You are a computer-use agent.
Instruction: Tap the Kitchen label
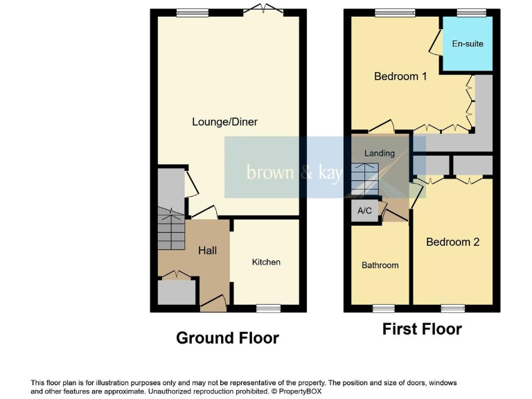[266, 262]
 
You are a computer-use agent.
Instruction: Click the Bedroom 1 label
[400, 76]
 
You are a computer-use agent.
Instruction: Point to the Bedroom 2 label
[452, 242]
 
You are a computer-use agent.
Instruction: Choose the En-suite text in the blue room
[468, 44]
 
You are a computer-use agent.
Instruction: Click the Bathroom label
[380, 265]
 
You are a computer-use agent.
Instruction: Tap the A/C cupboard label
[365, 211]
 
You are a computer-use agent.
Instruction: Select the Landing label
[380, 153]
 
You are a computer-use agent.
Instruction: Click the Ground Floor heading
[227, 338]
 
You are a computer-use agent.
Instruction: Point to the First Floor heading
[422, 329]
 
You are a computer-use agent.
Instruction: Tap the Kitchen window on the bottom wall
[268, 308]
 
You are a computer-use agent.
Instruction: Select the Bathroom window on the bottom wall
[383, 308]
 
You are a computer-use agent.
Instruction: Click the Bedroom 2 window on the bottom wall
[452, 308]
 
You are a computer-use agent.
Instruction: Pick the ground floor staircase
[171, 229]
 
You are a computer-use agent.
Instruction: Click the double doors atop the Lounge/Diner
[266, 10]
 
